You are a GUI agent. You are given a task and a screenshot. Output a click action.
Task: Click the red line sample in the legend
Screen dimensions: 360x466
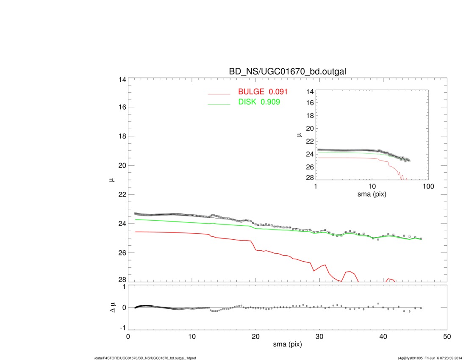tap(219, 94)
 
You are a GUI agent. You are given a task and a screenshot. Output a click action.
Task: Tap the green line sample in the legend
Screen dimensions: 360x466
tap(219, 104)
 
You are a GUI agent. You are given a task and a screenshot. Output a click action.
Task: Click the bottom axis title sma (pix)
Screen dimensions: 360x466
tap(288, 345)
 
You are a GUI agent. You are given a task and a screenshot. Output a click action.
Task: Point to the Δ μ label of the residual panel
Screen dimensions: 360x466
tap(111, 307)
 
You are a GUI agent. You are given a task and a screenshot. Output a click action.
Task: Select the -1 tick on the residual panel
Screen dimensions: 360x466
tap(121, 328)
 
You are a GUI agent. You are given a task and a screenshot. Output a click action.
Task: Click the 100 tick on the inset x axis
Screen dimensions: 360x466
tap(428, 187)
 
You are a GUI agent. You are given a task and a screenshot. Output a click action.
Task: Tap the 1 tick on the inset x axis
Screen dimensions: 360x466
tap(316, 187)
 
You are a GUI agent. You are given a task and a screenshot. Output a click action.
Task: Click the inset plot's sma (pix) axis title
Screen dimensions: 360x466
tap(372, 194)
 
